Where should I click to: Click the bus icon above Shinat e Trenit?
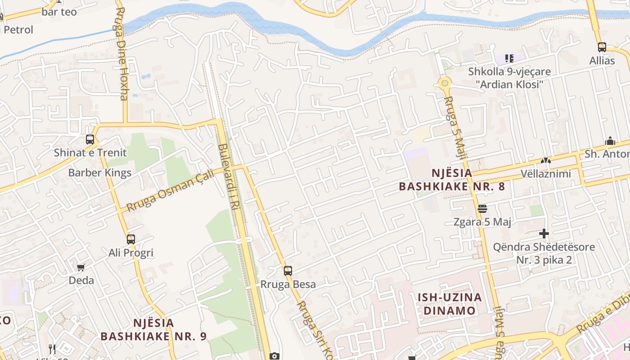pos(90,139)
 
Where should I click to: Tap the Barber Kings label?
pos(99,173)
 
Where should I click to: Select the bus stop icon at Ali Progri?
pos(131,239)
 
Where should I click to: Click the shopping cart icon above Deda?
pos(81,268)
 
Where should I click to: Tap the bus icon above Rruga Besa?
pos(288,271)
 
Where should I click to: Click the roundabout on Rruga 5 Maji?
pos(445,83)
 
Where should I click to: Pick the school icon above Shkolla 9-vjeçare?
pos(509,58)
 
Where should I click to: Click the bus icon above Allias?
pos(602,47)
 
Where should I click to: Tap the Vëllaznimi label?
pos(545,174)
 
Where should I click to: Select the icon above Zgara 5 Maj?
pos(482,209)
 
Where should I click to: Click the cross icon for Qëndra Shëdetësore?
pos(544,234)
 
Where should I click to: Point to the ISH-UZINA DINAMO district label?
pos(450,304)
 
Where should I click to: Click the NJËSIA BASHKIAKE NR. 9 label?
pos(153,329)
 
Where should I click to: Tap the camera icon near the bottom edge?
pos(274,356)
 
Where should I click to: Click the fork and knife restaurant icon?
pos(52,349)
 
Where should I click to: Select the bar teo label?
pos(59,12)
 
